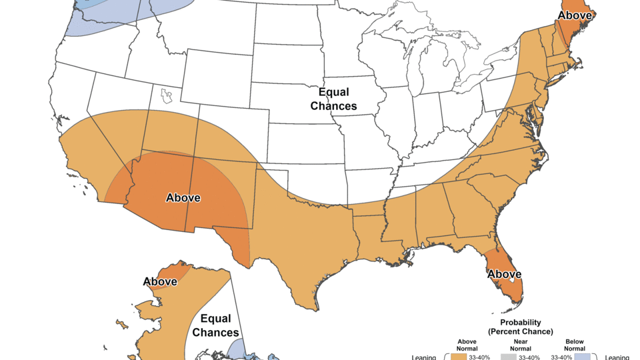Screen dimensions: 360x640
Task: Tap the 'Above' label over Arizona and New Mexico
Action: point(183,198)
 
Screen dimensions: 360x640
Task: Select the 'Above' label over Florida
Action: point(505,274)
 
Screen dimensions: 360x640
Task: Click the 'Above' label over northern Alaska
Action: point(161,281)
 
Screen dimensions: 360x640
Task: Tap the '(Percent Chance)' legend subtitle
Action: point(520,331)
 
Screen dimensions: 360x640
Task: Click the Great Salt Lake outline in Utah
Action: point(167,97)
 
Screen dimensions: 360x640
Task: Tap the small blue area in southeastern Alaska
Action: point(237,349)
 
